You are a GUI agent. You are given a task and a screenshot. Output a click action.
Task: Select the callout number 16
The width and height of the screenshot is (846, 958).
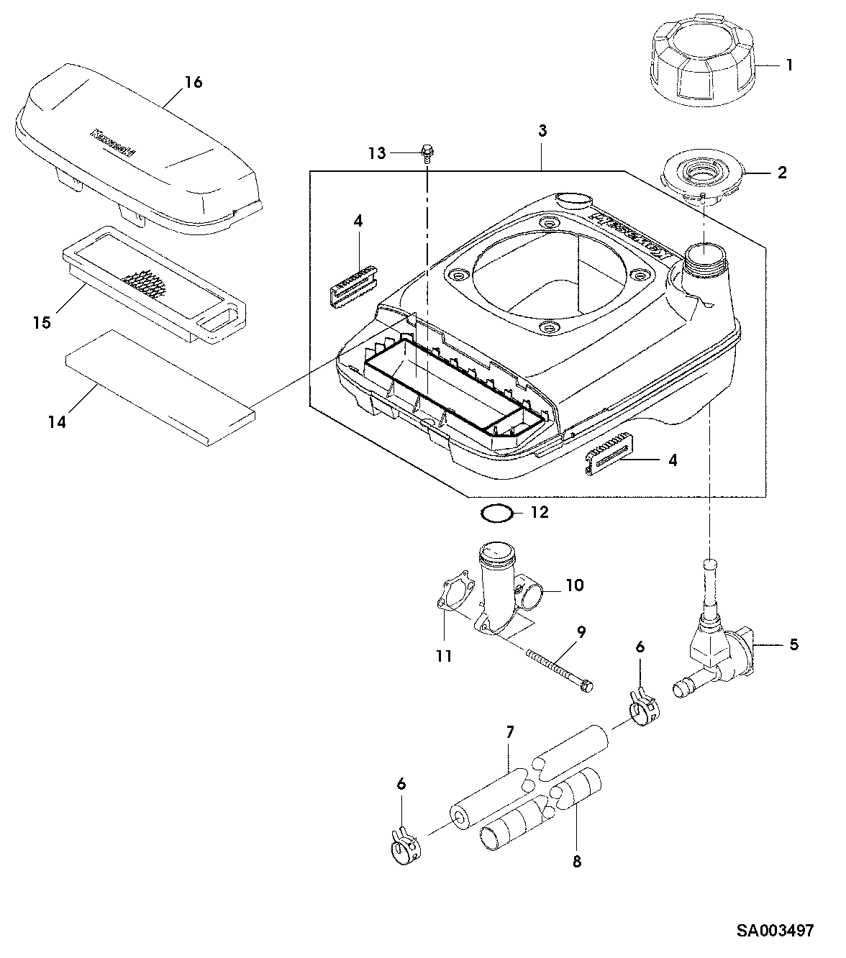coord(193,82)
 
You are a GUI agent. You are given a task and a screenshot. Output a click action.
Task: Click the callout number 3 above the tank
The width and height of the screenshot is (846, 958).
coord(542,130)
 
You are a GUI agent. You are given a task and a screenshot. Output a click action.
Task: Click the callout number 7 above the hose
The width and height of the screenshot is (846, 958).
coord(509,732)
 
